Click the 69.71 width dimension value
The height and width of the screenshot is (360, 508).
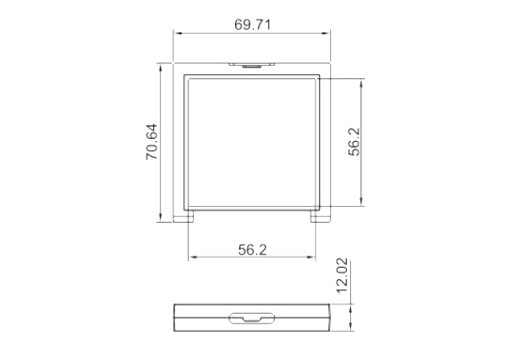pyautogui.click(x=252, y=25)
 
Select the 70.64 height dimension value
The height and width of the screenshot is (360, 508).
pyautogui.click(x=151, y=142)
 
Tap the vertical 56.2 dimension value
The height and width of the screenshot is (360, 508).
pyautogui.click(x=355, y=142)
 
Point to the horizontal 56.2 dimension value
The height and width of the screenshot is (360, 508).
pyautogui.click(x=252, y=250)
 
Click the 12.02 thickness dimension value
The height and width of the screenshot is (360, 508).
pyautogui.click(x=342, y=275)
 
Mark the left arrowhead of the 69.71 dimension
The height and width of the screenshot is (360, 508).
pyautogui.click(x=178, y=33)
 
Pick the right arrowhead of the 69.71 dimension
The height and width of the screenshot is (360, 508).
pyautogui.click(x=326, y=33)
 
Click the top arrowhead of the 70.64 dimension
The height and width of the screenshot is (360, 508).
pyautogui.click(x=160, y=67)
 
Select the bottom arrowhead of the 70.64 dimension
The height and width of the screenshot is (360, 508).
pyautogui.click(x=160, y=218)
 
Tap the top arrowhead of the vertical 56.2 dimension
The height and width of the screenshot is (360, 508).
pyautogui.click(x=361, y=83)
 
